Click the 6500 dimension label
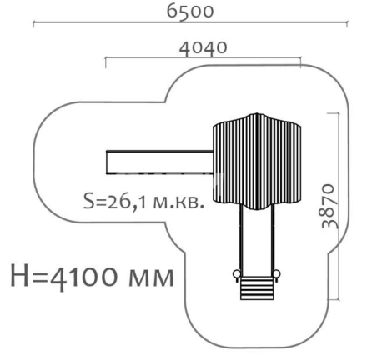[x=190, y=12]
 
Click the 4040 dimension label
[x=203, y=48]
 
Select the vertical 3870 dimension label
[x=330, y=206]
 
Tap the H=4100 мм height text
[x=92, y=277]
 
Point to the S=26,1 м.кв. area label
[x=143, y=201]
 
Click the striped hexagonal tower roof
[x=257, y=162]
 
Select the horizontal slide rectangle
[x=159, y=162]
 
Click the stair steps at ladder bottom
[x=257, y=288]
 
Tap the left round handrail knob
[x=236, y=274]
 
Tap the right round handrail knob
[x=277, y=274]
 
